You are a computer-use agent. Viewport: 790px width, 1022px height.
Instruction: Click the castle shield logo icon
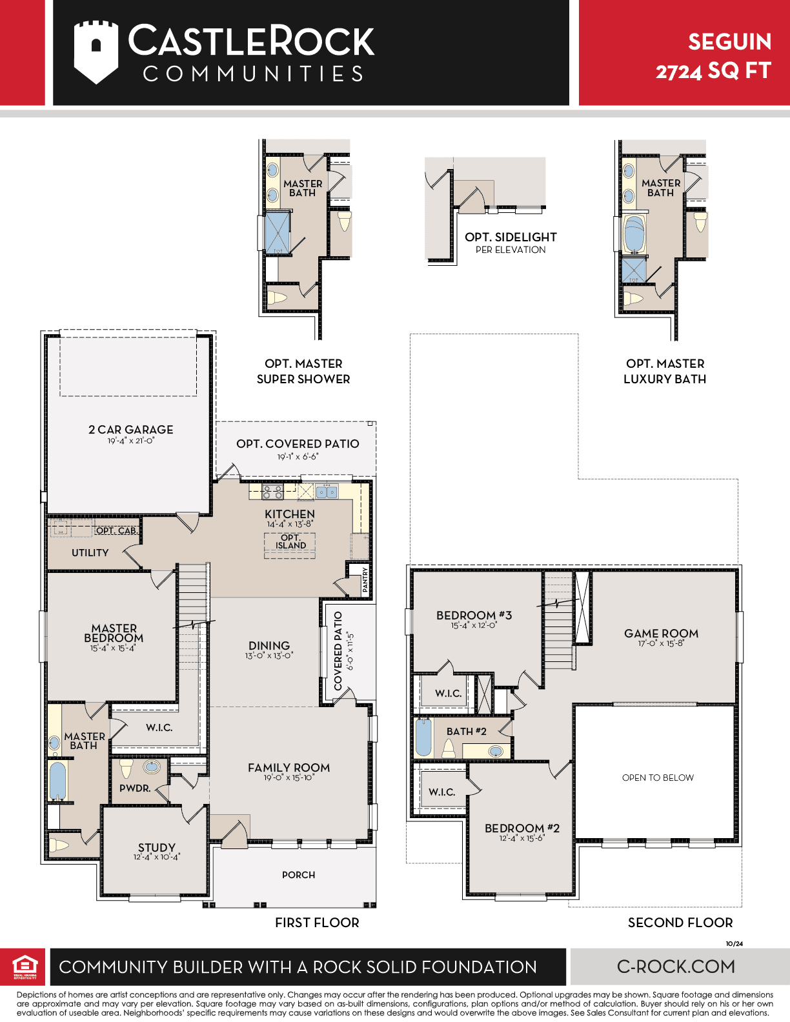pyautogui.click(x=96, y=52)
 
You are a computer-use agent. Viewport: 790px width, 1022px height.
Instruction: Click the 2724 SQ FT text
pyautogui.click(x=713, y=71)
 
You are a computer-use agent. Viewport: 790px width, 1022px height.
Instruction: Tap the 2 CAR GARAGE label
pyautogui.click(x=131, y=430)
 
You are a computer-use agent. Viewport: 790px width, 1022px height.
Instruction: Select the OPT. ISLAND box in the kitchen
pyautogui.click(x=290, y=545)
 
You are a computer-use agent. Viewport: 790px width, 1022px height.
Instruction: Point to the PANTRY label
pyautogui.click(x=365, y=579)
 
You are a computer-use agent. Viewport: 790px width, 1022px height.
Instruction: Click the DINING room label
pyautogui.click(x=269, y=645)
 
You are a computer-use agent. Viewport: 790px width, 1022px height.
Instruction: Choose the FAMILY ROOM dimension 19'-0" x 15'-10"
pyautogui.click(x=289, y=777)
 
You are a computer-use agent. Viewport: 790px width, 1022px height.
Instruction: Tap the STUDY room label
pyautogui.click(x=157, y=847)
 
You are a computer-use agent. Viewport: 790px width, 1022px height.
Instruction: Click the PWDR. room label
pyautogui.click(x=135, y=788)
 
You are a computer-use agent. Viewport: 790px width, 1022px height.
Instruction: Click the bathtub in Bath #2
pyautogui.click(x=423, y=737)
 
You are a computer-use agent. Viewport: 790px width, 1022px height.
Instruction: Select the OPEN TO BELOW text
pyautogui.click(x=658, y=777)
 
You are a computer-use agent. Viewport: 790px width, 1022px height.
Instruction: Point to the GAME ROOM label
pyautogui.click(x=661, y=633)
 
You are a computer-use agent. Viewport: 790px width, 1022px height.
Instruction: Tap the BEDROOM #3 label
pyautogui.click(x=474, y=615)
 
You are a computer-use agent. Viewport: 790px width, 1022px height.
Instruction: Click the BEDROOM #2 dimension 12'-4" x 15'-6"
pyautogui.click(x=522, y=838)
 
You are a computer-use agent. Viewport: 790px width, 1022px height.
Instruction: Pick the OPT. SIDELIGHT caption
pyautogui.click(x=511, y=237)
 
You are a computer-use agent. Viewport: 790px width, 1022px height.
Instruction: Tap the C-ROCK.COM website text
pyautogui.click(x=676, y=967)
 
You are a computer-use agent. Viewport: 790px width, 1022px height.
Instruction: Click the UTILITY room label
pyautogui.click(x=90, y=553)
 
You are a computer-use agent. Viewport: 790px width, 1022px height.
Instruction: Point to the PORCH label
pyautogui.click(x=298, y=875)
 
